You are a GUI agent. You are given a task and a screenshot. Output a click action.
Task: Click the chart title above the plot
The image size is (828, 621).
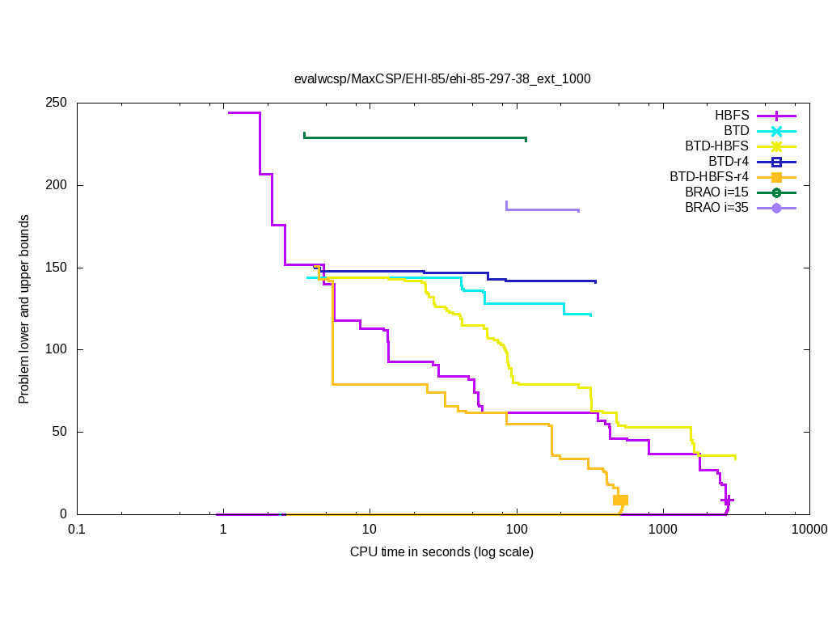pyautogui.click(x=442, y=79)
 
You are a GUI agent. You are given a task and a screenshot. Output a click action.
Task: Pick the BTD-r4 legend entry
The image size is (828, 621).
pyautogui.click(x=729, y=162)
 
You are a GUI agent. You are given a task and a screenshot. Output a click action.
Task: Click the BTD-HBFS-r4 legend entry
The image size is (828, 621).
pyautogui.click(x=708, y=177)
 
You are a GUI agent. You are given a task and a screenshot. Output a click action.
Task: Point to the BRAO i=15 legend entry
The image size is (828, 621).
pyautogui.click(x=716, y=192)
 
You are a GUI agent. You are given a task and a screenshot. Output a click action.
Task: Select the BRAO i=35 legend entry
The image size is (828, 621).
pyautogui.click(x=716, y=208)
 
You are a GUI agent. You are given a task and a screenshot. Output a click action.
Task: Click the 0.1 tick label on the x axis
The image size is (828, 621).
pyautogui.click(x=77, y=530)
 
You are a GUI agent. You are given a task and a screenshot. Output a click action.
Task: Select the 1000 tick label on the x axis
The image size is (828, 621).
pyautogui.click(x=663, y=530)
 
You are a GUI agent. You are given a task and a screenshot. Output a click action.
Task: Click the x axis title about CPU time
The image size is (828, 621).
pyautogui.click(x=441, y=553)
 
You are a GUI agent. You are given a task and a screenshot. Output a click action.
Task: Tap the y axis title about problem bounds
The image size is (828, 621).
pyautogui.click(x=25, y=310)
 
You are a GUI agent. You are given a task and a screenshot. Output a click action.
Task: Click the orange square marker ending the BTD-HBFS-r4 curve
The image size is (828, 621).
pyautogui.click(x=620, y=501)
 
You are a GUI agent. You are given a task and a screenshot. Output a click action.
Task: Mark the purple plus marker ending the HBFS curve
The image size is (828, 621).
pyautogui.click(x=727, y=501)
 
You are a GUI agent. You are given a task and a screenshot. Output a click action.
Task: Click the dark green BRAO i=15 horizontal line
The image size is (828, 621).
pyautogui.click(x=414, y=137)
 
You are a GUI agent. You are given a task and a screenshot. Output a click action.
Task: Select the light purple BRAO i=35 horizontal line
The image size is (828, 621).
pyautogui.click(x=542, y=209)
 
